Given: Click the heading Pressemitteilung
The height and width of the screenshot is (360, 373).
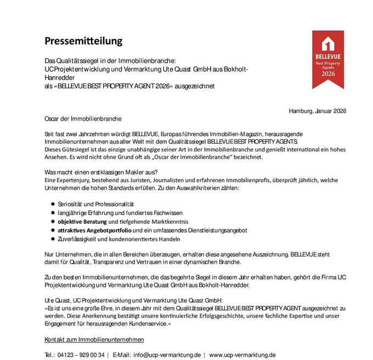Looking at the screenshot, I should pyautogui.click(x=83, y=41).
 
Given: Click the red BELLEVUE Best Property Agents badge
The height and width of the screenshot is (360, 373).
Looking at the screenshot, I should pyautogui.click(x=328, y=59).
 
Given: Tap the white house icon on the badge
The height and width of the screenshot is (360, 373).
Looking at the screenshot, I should pyautogui.click(x=328, y=44).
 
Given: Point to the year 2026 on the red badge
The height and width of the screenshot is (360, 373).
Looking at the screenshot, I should pyautogui.click(x=328, y=74).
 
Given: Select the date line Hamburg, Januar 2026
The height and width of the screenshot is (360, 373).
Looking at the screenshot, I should pyautogui.click(x=317, y=111).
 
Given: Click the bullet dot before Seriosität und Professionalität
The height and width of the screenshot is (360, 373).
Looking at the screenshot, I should pyautogui.click(x=53, y=204).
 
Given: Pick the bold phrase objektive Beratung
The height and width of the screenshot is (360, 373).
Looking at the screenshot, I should pyautogui.click(x=82, y=222).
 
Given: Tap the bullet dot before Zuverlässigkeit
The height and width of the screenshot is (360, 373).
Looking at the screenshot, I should pyautogui.click(x=53, y=239).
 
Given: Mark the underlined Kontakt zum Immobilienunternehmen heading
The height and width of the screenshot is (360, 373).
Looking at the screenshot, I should pyautogui.click(x=94, y=339).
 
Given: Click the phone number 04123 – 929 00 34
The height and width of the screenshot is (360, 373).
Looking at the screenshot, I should pyautogui.click(x=81, y=355).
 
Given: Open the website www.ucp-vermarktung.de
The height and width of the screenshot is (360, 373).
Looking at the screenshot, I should pyautogui.click(x=242, y=355).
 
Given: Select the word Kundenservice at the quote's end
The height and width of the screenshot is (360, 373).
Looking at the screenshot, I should pyautogui.click(x=150, y=324).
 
